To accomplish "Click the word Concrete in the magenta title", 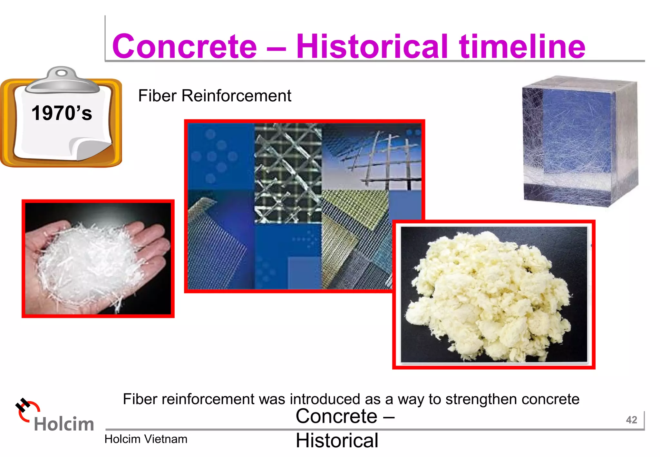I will (x=184, y=47).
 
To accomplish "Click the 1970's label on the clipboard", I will (x=62, y=113).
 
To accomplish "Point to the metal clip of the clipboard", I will (x=62, y=80).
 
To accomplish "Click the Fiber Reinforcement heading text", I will (x=215, y=96).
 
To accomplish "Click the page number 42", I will (x=631, y=420).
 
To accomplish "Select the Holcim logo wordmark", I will (x=64, y=424).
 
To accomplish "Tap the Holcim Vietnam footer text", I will (x=146, y=439).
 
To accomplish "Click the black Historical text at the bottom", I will (x=337, y=441).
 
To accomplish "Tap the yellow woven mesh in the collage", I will (x=354, y=209).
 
